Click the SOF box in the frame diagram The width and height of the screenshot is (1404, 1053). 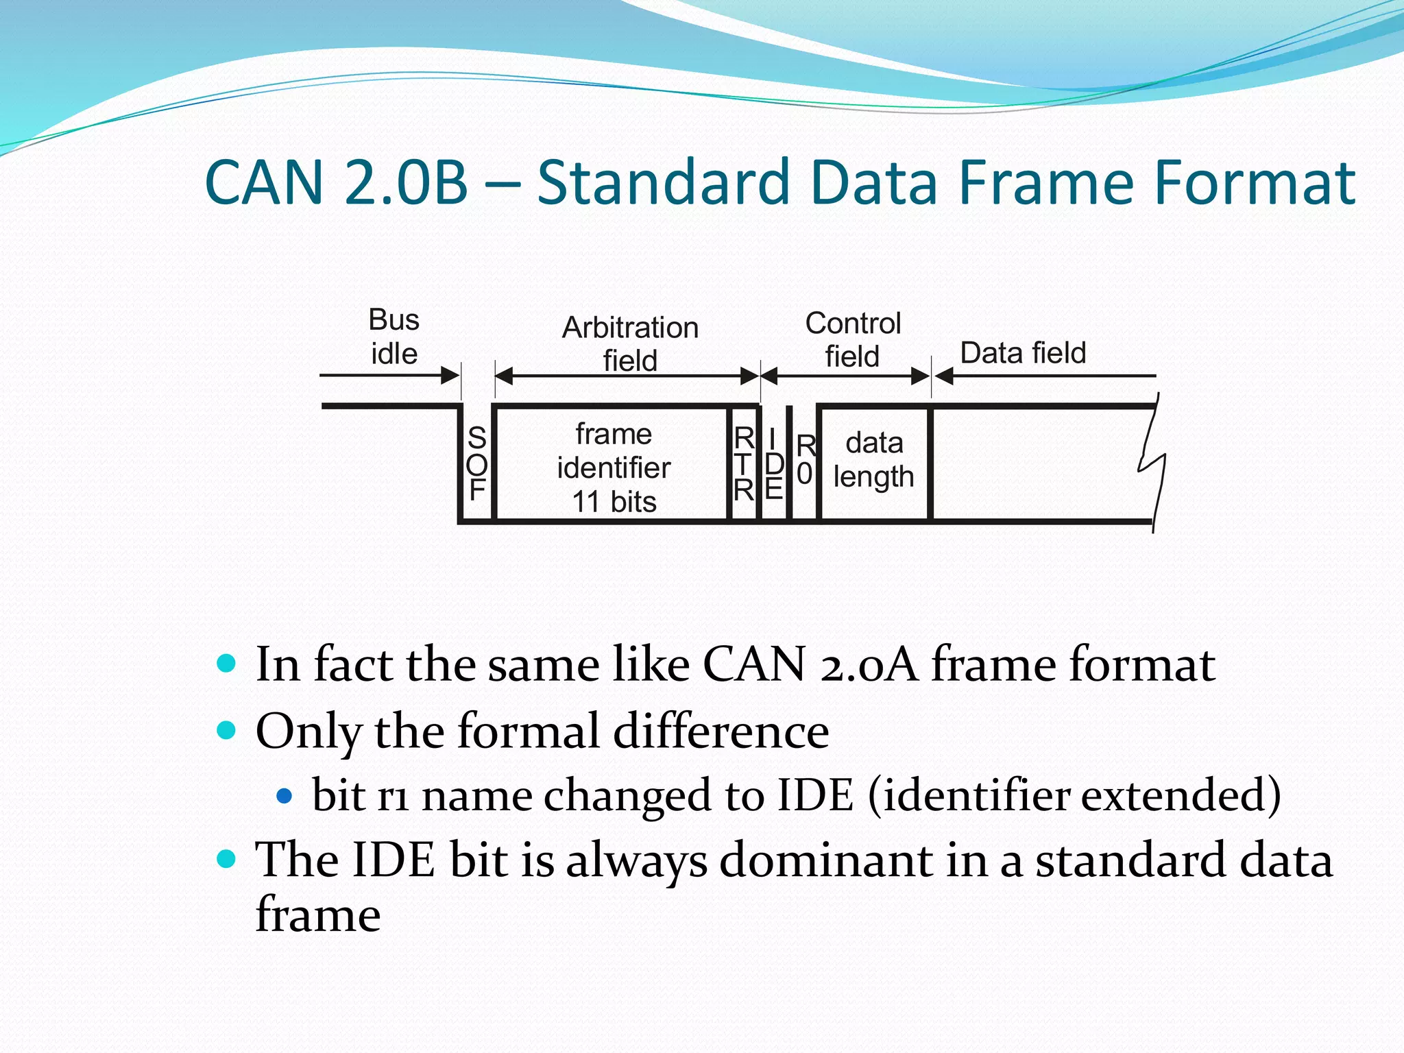click(476, 464)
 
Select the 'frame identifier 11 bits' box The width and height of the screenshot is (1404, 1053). click(613, 467)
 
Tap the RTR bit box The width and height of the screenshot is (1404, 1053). click(744, 464)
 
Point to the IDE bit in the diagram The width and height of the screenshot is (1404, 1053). click(773, 464)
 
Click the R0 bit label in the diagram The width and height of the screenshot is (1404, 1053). click(805, 460)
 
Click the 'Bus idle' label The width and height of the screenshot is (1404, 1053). click(394, 337)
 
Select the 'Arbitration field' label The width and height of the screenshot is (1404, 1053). click(630, 343)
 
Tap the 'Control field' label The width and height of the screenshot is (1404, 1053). click(852, 339)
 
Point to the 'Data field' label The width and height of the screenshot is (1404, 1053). click(1023, 353)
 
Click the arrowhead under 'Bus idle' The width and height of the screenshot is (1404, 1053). click(450, 376)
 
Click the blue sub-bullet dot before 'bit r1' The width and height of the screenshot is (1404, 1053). click(284, 796)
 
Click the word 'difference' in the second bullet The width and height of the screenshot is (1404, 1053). click(721, 731)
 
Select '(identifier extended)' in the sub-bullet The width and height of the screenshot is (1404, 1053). click(1074, 795)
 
